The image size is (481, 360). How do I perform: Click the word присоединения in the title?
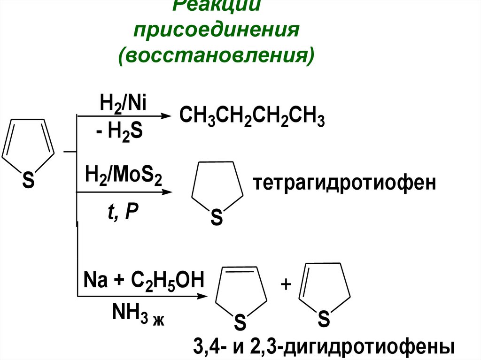pos(217,31)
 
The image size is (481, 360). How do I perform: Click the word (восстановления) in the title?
pos(217,55)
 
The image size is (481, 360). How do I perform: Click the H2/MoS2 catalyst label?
pos(123,178)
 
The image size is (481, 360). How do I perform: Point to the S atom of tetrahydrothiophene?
pos(216,218)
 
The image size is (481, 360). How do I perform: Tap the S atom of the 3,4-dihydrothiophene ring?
pos(240,323)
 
